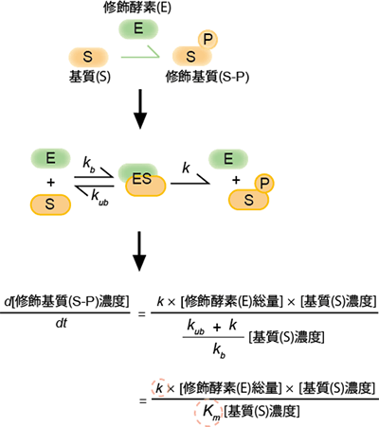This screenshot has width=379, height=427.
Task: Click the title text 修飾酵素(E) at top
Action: (x=137, y=9)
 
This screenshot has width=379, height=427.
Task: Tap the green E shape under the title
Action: (x=137, y=28)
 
